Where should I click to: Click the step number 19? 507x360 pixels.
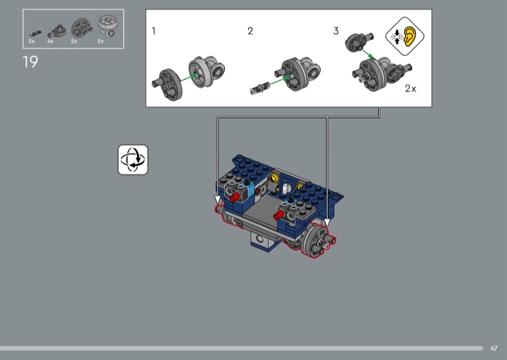tap(30, 61)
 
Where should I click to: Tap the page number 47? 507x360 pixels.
tap(494, 348)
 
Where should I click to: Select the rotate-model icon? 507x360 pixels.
tap(133, 160)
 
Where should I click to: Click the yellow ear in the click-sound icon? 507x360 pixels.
tap(409, 36)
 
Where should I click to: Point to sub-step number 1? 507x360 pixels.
tap(153, 31)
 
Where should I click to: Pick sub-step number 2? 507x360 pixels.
tap(250, 31)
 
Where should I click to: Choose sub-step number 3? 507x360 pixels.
tap(336, 31)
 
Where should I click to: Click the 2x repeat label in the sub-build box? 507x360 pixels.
tap(410, 88)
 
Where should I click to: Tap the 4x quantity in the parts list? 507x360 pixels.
tap(50, 41)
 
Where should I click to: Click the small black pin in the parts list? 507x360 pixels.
tap(35, 33)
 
